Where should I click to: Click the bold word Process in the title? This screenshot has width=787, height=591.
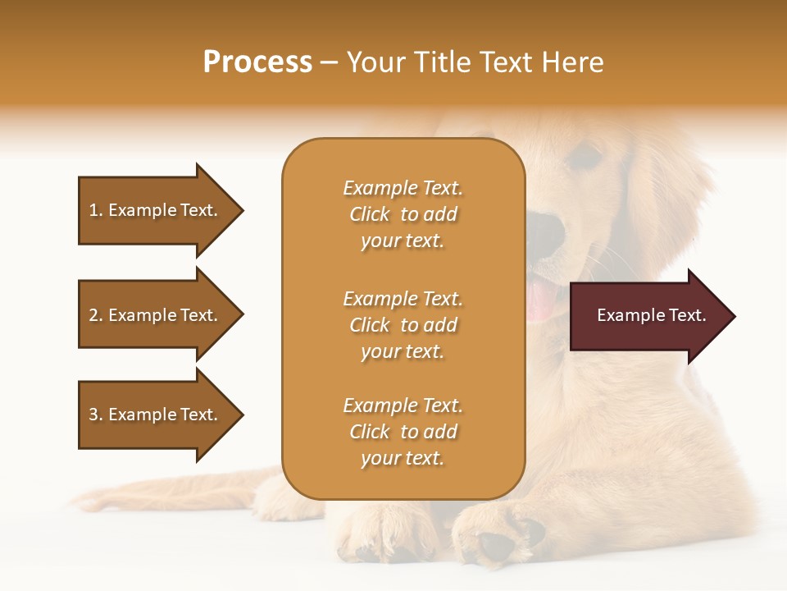257,62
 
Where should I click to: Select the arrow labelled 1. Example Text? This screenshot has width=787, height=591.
156,210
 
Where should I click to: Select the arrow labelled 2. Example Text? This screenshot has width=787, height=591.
156,315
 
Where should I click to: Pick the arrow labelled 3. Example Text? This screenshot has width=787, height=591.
156,415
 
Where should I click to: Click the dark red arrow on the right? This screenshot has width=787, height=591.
648,316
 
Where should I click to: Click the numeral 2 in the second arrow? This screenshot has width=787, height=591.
93,315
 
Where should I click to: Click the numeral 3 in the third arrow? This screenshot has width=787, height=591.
93,415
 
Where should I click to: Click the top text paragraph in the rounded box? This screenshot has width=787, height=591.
403,214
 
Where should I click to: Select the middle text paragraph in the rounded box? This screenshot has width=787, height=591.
403,325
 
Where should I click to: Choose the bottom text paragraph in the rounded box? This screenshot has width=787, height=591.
403,432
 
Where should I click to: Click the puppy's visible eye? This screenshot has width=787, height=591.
585,157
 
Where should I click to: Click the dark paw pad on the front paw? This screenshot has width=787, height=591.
496,544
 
